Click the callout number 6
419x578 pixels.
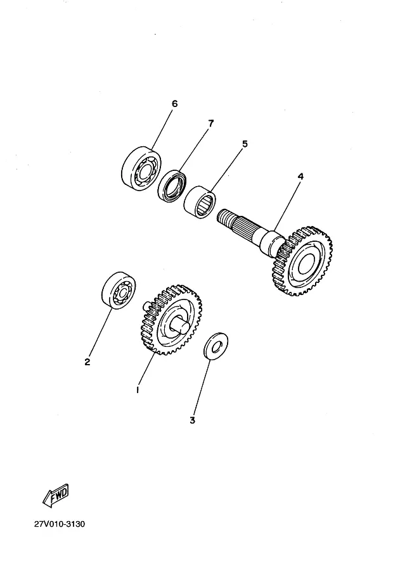(x=174, y=103)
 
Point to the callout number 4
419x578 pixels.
(x=300, y=177)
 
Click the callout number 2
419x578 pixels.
(x=87, y=362)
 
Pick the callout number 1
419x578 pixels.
(x=137, y=390)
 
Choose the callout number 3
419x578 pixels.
(x=193, y=418)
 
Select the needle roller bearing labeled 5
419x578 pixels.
(x=200, y=201)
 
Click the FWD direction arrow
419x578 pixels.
(x=55, y=495)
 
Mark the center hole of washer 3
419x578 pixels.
(x=216, y=346)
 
